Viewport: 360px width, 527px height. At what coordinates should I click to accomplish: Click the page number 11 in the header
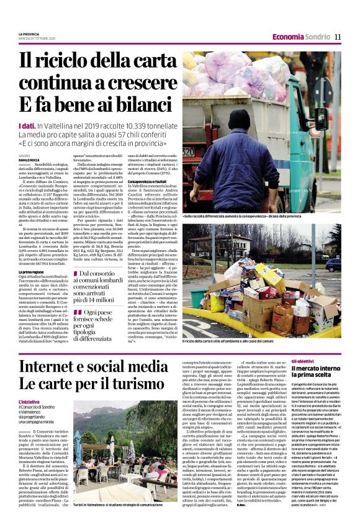[338, 37]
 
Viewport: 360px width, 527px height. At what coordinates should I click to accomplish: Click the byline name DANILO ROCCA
[30, 159]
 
